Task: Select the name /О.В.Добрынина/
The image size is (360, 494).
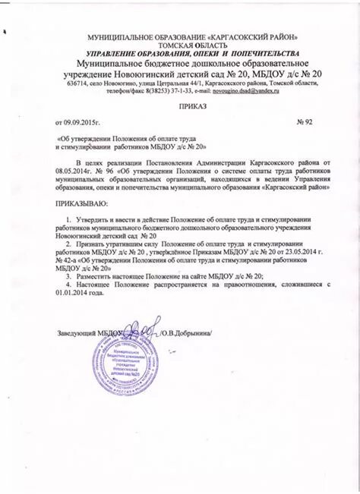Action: coord(186,333)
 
